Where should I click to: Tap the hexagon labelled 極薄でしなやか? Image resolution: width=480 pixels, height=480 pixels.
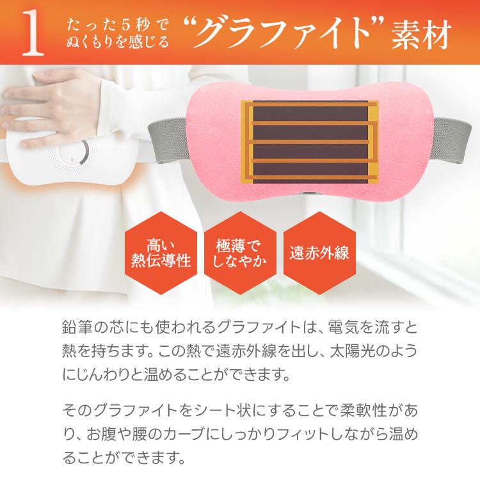coord(240,253)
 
